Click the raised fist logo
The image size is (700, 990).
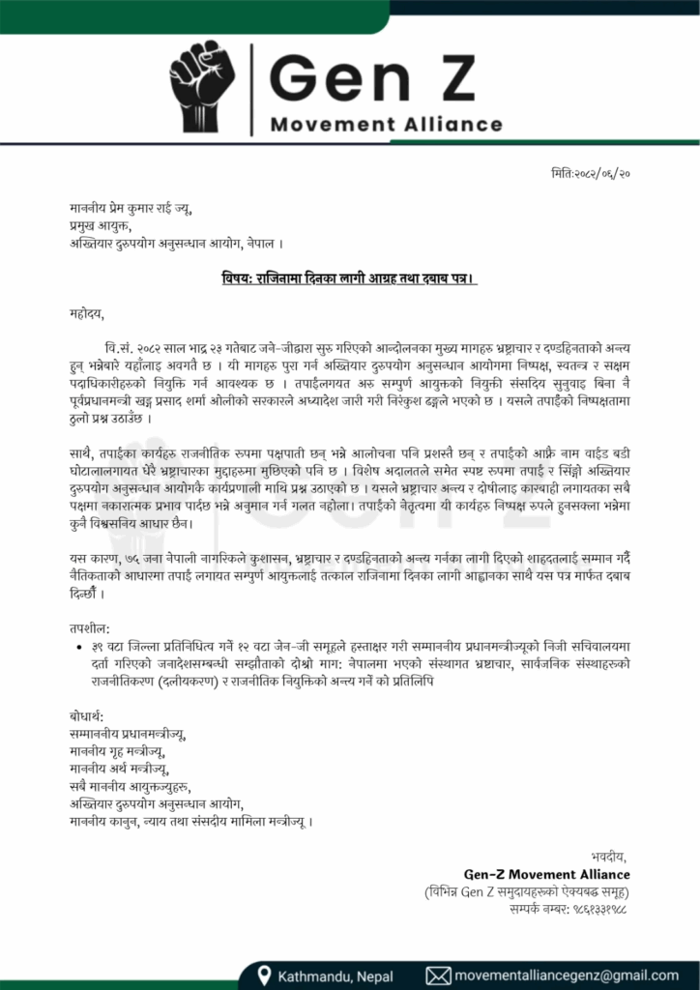[202, 87]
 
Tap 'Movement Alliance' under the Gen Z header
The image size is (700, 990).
[387, 125]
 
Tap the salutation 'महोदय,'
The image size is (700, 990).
[85, 313]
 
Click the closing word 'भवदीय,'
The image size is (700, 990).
[609, 857]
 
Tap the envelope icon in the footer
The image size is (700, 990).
[438, 975]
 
